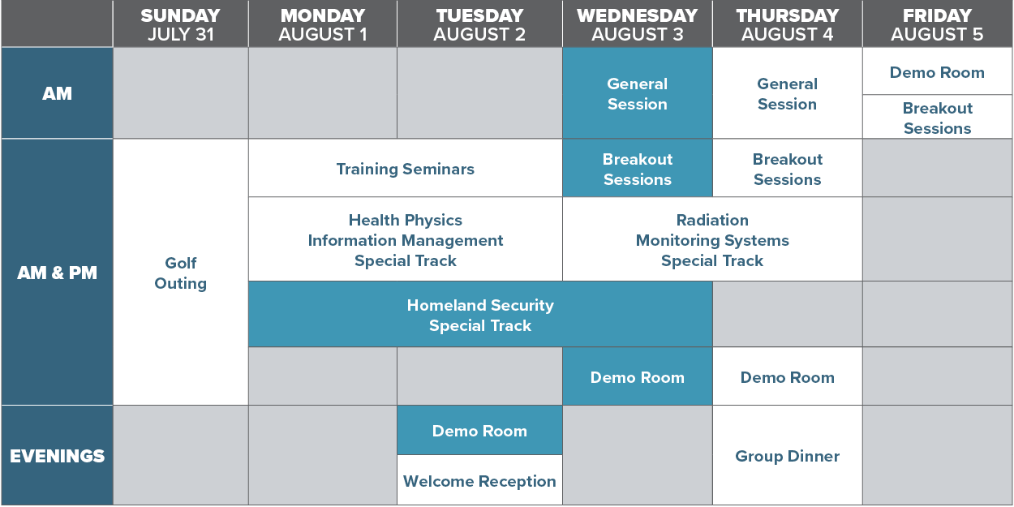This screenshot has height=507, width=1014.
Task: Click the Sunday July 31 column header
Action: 181,24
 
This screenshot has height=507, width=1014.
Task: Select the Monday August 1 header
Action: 323,24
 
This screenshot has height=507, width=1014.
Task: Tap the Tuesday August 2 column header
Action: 480,24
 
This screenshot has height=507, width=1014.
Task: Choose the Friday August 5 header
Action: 938,24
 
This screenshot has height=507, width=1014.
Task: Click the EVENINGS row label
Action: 57,455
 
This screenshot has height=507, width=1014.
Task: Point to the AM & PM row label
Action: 57,272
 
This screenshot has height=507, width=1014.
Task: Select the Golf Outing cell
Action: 181,272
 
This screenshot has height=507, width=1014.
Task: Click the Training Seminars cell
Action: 405,168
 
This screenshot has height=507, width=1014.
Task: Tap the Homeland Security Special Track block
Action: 480,315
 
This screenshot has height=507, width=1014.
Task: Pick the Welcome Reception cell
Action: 480,480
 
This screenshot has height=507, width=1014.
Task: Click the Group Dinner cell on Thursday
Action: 788,455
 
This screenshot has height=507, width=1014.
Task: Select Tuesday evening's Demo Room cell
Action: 480,430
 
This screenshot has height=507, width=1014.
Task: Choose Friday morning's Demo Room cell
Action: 938,71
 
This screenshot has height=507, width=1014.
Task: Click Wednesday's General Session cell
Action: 638,93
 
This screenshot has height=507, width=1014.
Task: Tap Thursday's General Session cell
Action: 788,93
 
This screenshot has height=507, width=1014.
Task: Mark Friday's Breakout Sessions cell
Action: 938,118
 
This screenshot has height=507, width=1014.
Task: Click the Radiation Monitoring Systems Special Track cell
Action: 712,239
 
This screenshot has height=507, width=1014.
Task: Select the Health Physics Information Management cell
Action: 405,239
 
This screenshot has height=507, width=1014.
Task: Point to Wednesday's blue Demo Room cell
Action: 638,376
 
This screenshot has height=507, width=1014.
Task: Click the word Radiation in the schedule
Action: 712,220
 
